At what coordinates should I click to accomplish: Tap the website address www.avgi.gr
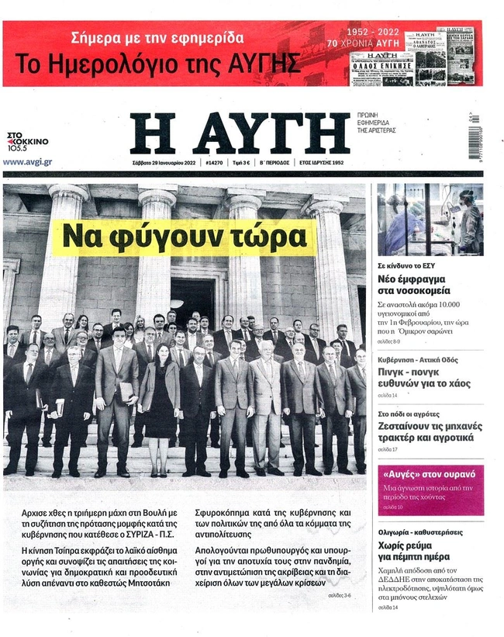tap(28, 162)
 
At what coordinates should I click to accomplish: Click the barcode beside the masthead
tap(473, 136)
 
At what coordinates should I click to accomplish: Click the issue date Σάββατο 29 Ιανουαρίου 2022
tap(163, 163)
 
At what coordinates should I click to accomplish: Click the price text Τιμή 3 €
tap(244, 163)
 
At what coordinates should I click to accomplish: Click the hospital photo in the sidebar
tap(430, 220)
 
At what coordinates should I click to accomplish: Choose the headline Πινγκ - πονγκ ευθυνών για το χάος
tap(426, 383)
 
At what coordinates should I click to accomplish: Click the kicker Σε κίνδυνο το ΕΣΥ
tap(406, 265)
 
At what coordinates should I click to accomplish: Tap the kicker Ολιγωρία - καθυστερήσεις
tap(421, 532)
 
